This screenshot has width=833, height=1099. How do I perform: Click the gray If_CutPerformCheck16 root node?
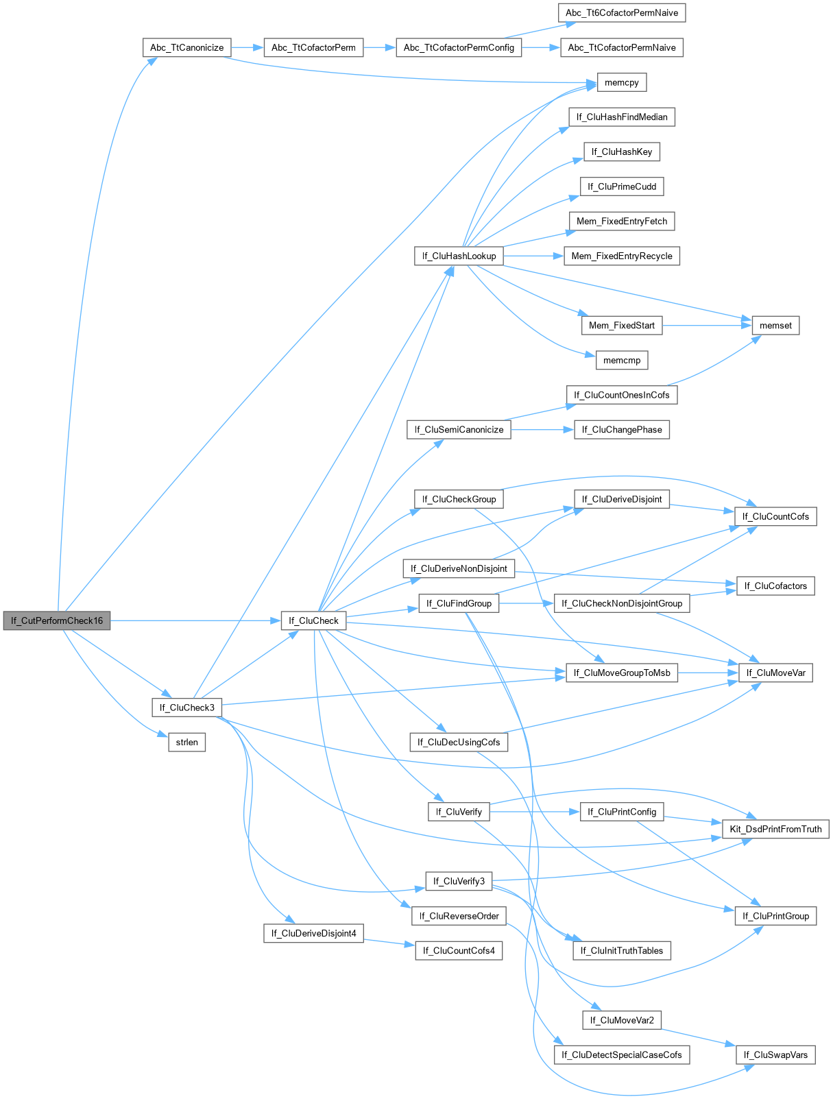pos(57,620)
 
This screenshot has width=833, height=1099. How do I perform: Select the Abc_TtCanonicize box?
pos(186,47)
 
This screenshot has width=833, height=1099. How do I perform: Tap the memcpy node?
pos(622,82)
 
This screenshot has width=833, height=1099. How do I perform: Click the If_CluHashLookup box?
pos(459,256)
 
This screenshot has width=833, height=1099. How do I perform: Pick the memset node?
pos(775,325)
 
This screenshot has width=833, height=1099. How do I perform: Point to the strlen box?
pos(186,742)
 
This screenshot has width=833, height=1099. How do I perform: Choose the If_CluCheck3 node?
pos(186,708)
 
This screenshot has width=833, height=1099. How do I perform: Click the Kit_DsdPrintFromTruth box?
pos(775,829)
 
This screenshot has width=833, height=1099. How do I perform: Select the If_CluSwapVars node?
pos(775,1054)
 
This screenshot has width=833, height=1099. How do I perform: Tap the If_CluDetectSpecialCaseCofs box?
pos(621,1054)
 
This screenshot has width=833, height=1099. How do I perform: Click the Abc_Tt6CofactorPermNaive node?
pos(622,12)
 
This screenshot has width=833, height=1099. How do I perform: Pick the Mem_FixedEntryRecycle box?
pos(622,256)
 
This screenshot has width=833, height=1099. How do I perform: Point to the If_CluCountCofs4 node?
pos(459,950)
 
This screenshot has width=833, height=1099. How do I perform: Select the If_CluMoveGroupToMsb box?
pos(622,673)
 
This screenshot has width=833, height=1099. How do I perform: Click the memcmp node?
pos(622,360)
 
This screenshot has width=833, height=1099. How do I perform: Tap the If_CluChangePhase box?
pos(622,429)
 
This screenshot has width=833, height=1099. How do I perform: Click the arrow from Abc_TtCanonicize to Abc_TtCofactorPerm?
pos(248,47)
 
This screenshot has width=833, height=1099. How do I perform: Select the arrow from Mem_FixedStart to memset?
pos(707,325)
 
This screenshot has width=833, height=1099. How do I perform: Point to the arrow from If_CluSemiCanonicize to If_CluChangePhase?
pos(542,429)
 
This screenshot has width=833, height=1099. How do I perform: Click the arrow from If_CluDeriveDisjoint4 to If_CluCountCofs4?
pos(389,942)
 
